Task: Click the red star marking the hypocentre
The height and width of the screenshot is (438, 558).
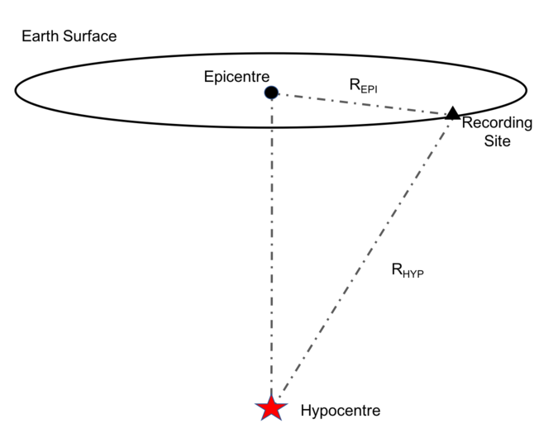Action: (271, 408)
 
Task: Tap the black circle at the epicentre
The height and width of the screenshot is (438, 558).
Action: (271, 93)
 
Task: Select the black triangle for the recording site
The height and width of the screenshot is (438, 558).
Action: (453, 113)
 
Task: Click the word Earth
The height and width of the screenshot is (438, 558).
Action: (40, 36)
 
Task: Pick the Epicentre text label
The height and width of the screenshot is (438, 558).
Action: (236, 77)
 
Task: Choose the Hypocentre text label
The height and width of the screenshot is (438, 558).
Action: (341, 411)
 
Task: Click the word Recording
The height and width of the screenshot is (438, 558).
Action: (497, 123)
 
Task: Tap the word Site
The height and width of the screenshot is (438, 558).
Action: (497, 140)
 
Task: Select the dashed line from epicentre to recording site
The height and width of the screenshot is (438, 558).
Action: (362, 104)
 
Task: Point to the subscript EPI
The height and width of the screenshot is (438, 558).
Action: (369, 89)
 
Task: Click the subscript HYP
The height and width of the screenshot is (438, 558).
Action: (413, 274)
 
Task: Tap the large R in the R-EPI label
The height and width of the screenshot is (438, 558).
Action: (355, 84)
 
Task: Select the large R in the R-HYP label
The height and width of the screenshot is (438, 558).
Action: (397, 269)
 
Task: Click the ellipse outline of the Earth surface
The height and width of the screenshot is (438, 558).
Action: (270, 54)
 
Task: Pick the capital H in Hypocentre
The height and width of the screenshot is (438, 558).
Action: (306, 410)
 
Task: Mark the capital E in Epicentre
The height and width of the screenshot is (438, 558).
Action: (208, 77)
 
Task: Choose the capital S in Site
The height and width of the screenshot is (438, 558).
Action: (489, 140)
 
